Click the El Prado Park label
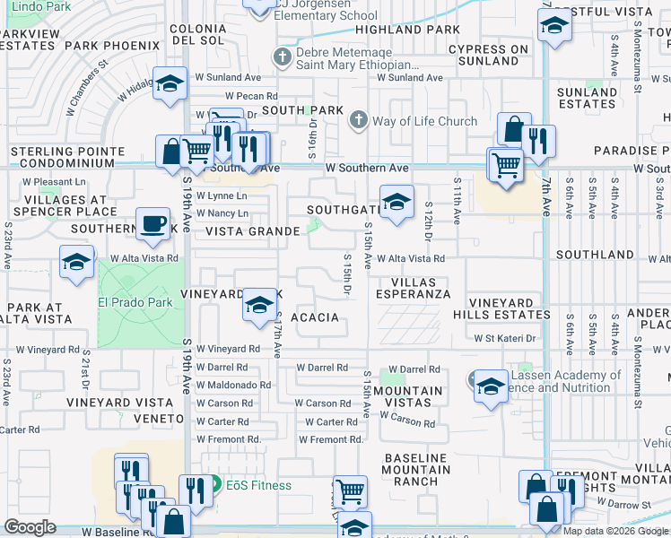[x=135, y=302]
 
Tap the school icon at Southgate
[x=396, y=202]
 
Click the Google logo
[x=30, y=527]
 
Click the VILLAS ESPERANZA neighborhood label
[x=413, y=286]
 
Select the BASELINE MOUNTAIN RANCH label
[x=415, y=469]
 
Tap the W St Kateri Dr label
[x=504, y=338]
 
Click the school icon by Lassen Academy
[x=491, y=387]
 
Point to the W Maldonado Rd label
[x=233, y=385]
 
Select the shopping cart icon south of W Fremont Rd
[x=350, y=491]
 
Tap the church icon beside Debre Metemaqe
[x=283, y=58]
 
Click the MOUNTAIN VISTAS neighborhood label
[x=408, y=398]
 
